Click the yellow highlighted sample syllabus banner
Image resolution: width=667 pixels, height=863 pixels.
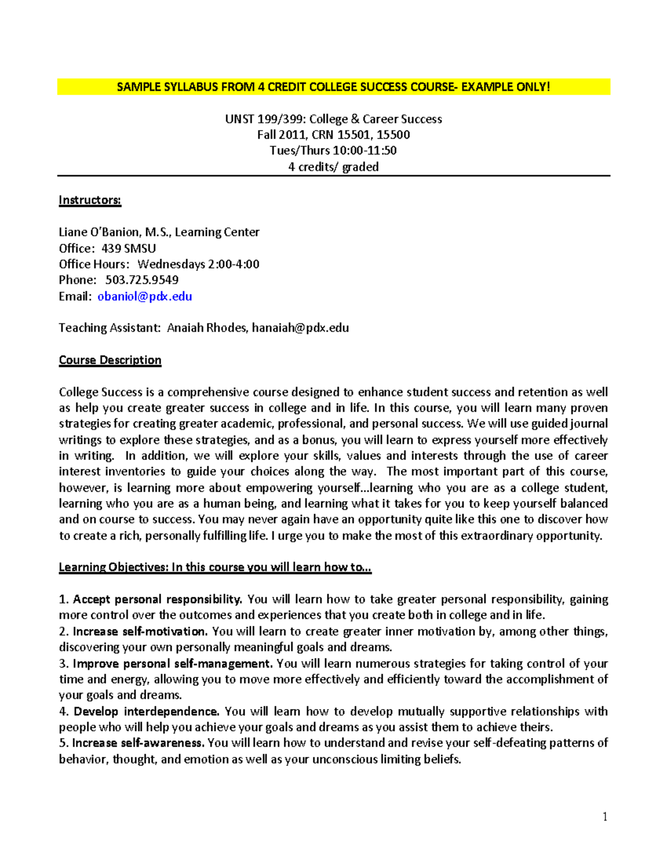pos(333,87)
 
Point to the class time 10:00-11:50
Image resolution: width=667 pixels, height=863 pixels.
pos(364,151)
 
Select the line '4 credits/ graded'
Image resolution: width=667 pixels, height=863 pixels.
pos(333,167)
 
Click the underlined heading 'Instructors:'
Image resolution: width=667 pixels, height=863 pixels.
pos(90,200)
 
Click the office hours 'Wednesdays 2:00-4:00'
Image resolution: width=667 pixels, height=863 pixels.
pos(198,264)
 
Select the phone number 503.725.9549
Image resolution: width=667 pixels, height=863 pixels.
pos(142,280)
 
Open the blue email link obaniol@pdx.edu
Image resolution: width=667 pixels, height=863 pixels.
pos(145,296)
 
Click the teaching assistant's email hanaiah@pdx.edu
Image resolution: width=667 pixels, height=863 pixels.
pos(300,328)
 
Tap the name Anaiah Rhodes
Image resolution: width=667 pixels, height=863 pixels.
pos(207,328)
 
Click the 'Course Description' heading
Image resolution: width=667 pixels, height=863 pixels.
pos(110,360)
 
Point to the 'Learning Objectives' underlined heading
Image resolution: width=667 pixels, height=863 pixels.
pos(215,567)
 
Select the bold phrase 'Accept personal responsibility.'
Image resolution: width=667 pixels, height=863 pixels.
pos(157,599)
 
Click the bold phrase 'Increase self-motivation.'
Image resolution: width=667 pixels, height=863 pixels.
pos(140,631)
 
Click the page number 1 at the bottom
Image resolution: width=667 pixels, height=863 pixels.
pos(605,816)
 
